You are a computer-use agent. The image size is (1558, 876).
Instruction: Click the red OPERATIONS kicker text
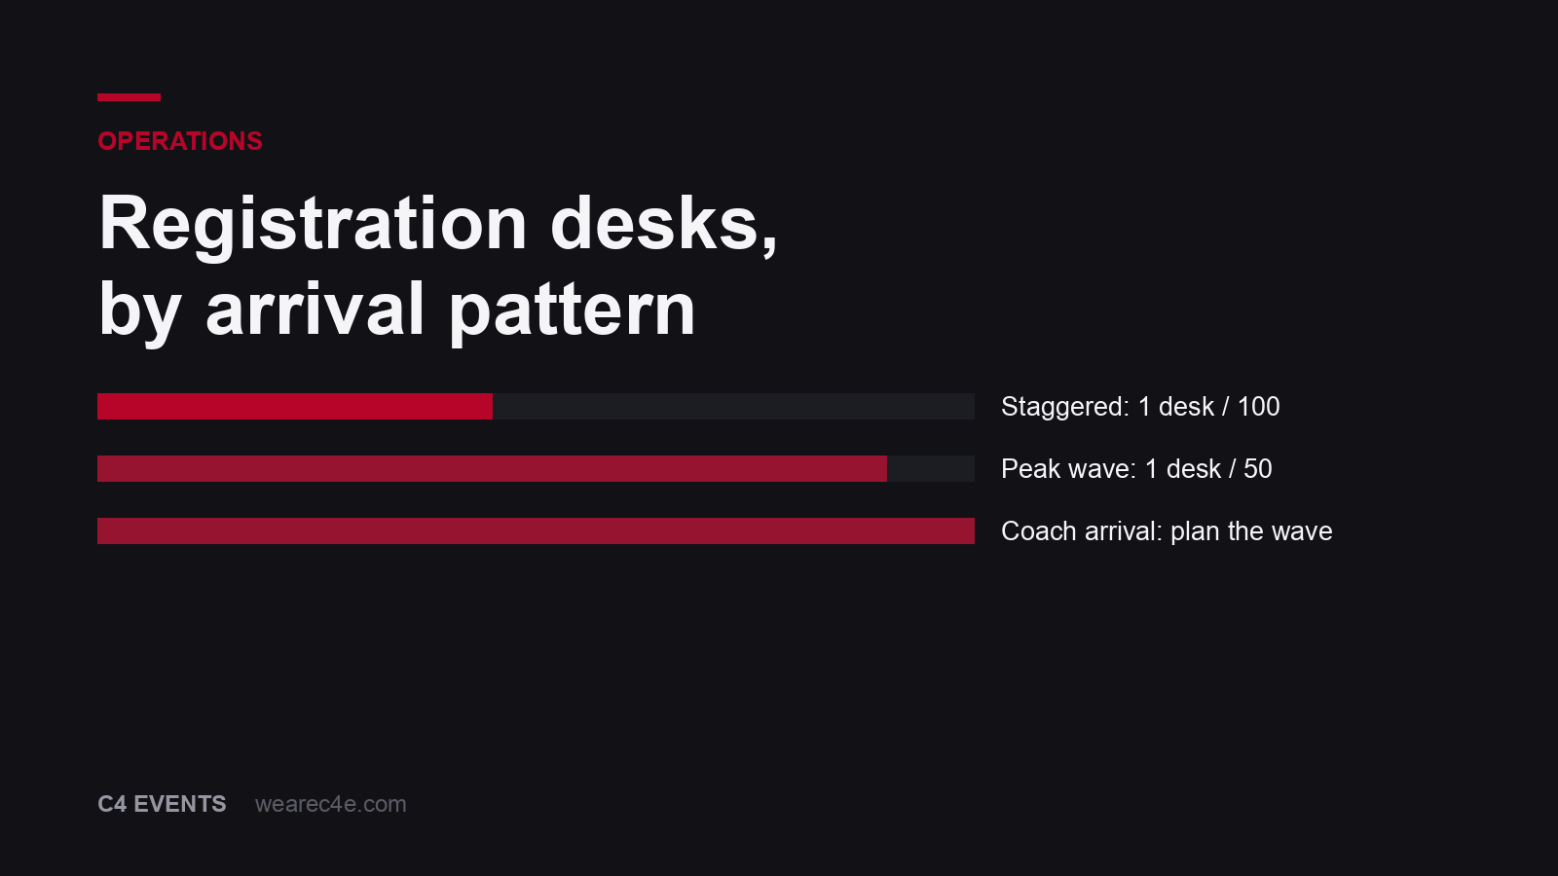[180, 141]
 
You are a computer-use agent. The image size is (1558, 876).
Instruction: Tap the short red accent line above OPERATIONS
[129, 97]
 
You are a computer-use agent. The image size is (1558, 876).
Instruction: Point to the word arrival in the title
[315, 309]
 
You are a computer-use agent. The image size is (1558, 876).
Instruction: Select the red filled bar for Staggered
[295, 407]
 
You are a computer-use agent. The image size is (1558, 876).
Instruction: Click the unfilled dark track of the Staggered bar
[734, 407]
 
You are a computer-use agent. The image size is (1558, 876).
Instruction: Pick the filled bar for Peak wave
[492, 468]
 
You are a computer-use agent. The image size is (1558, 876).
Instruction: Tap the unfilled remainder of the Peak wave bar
[931, 468]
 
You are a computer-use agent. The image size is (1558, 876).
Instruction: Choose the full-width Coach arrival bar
[536, 531]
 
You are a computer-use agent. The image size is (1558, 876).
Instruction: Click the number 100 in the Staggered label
[1258, 407]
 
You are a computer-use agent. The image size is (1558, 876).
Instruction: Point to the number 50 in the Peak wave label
[1257, 468]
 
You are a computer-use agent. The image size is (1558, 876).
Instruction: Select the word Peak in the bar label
[1030, 468]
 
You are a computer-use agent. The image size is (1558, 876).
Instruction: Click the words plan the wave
[1251, 532]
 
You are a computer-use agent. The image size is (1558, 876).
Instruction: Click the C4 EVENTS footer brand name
[162, 804]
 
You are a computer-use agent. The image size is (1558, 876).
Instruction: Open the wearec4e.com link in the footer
[331, 804]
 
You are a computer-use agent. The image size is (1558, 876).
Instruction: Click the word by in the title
[140, 310]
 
